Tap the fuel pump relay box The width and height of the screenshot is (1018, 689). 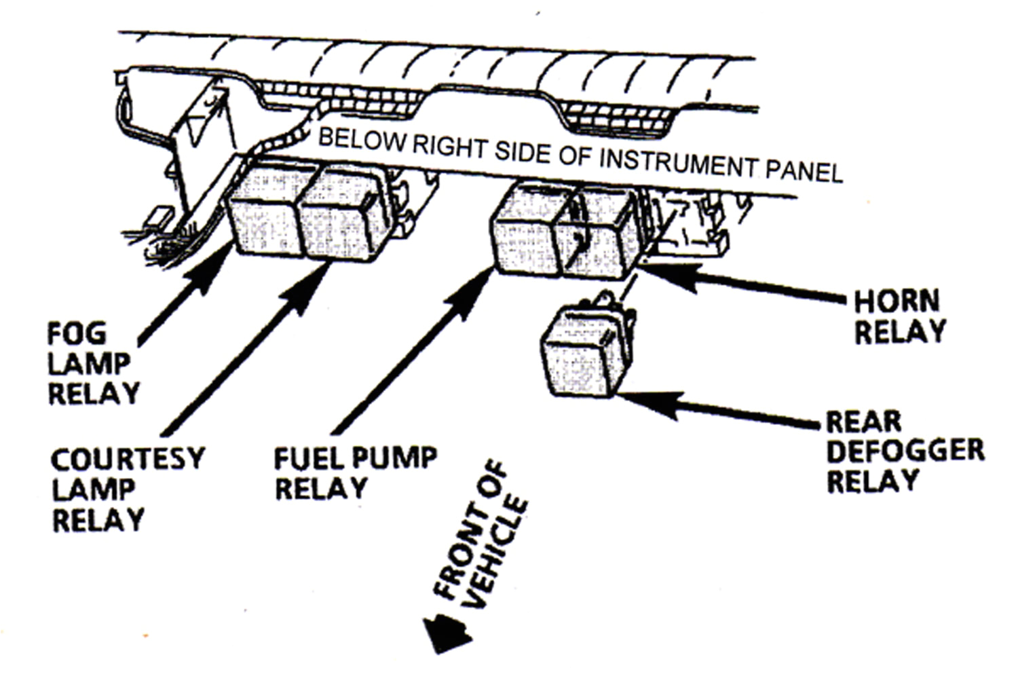tap(526, 234)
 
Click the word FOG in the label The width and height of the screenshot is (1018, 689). tap(77, 334)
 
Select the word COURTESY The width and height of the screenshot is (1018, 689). tap(127, 460)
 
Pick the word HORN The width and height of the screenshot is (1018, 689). tap(896, 301)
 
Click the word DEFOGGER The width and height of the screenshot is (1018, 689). tap(905, 451)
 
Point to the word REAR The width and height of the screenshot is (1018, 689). tap(863, 422)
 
